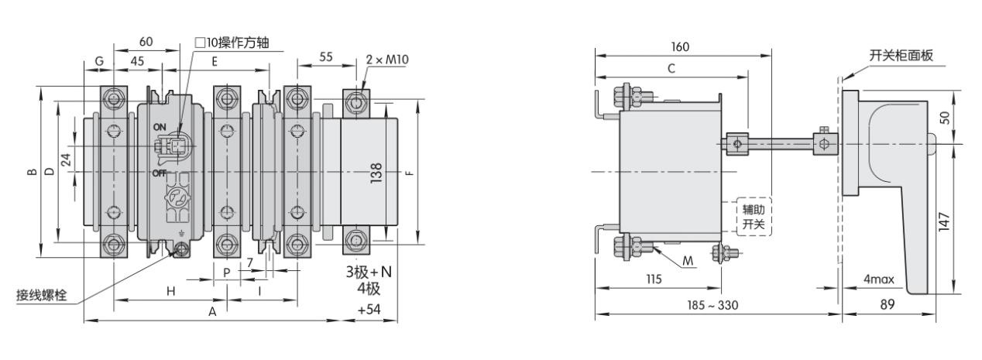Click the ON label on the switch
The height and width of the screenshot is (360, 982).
[160, 127]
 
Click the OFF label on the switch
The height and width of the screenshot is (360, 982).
[160, 173]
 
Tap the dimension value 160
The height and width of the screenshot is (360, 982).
[680, 47]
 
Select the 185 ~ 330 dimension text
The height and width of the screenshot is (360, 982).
[712, 305]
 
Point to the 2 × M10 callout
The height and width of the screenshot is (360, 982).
[387, 59]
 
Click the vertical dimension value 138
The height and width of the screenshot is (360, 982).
[376, 173]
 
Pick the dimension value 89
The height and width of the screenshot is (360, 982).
[888, 304]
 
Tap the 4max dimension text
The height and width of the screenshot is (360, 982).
[878, 279]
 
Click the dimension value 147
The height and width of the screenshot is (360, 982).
[944, 221]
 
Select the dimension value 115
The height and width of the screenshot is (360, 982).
[654, 279]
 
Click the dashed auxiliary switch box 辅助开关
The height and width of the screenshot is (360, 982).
[754, 217]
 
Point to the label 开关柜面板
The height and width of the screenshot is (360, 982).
[901, 55]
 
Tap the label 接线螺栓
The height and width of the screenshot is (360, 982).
[42, 295]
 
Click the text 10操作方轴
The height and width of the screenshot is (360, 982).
[232, 43]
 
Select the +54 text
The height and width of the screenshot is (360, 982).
[369, 310]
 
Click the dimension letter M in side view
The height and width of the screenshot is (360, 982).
[688, 261]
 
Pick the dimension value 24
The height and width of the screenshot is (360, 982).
[66, 159]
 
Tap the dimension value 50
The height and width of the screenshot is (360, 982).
[944, 118]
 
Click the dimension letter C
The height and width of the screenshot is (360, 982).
[671, 68]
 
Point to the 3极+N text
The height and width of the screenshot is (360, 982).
[369, 272]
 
